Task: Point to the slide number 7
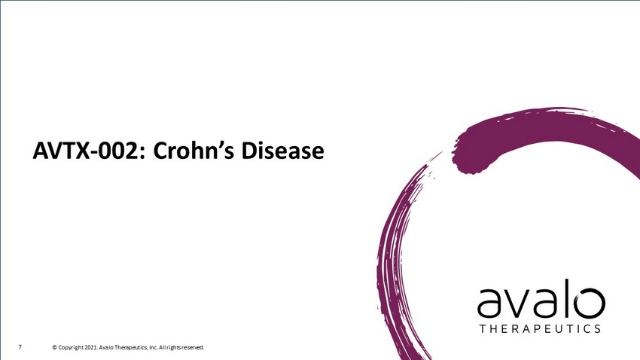coord(20,347)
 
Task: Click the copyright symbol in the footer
coord(55,348)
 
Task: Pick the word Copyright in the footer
coord(71,348)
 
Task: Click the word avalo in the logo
coord(541,299)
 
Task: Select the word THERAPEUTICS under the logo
coord(540,329)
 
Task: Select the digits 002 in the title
coord(122,151)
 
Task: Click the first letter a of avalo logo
coord(489,304)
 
